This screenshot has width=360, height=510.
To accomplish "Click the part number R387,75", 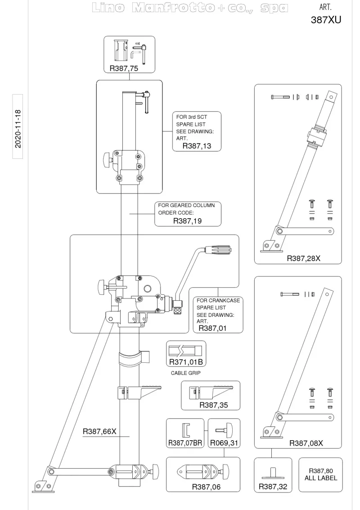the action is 124,68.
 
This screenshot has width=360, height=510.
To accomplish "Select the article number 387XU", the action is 326,20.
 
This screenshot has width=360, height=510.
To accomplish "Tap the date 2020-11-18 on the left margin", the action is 18,129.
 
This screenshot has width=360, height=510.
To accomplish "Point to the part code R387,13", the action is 197,146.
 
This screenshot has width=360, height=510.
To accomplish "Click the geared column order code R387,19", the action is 187,221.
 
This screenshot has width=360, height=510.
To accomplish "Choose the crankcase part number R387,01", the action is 212,328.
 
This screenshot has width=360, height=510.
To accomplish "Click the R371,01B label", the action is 186,362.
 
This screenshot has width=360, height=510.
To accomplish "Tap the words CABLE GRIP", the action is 186,373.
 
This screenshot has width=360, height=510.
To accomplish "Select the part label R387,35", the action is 214,405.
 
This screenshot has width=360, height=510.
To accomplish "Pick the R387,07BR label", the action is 185,443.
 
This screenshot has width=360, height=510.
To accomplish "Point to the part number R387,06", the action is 206,487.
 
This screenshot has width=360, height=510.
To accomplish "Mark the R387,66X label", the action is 99,432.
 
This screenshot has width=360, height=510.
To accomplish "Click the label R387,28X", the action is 303,258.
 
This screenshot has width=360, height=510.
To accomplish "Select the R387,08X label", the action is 306,443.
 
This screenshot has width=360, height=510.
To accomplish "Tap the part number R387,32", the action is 273,487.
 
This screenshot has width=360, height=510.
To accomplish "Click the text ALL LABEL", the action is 321,478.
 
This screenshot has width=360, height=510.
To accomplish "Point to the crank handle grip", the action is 218,250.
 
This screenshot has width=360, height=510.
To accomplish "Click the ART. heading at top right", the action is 325,7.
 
